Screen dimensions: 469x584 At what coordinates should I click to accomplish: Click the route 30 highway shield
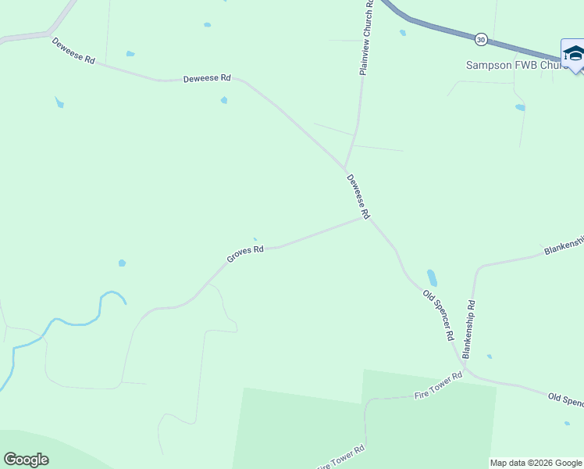[x=481, y=38]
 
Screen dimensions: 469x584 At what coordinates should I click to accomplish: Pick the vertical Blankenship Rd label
[x=469, y=328]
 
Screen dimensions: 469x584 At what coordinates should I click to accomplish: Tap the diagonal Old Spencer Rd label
[x=438, y=315]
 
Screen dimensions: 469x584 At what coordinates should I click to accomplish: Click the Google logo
[x=26, y=460]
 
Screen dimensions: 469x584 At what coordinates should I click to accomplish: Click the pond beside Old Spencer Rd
[x=432, y=278]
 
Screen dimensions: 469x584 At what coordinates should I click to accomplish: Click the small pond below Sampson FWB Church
[x=520, y=107]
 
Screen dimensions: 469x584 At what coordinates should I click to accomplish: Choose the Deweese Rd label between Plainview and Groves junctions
[x=358, y=195]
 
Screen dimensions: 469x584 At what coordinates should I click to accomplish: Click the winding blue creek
[x=78, y=321]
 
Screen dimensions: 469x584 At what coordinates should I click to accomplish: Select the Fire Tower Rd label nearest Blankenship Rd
[x=439, y=387]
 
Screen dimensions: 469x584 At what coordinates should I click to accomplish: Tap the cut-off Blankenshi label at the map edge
[x=563, y=247]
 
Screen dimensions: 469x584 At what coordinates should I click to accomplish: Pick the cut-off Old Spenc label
[x=565, y=400]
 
